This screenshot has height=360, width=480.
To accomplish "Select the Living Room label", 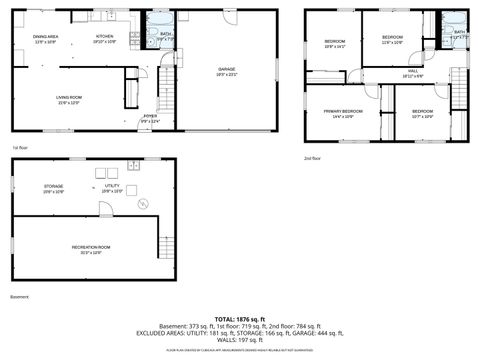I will tap(69, 99).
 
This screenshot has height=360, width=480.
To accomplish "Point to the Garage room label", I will tap(227, 71).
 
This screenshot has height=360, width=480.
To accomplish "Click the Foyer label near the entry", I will tap(150, 118).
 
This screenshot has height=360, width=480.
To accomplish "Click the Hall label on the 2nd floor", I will tap(413, 73).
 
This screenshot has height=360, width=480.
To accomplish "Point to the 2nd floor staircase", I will tap(459, 90).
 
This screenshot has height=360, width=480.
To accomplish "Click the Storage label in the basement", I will tap(53, 188).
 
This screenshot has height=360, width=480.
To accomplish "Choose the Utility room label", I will tap(112, 188).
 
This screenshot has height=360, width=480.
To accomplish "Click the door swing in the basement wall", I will tap(104, 209).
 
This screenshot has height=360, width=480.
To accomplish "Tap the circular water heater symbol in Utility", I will tap(143, 203).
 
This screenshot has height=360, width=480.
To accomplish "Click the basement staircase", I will tap(166, 245).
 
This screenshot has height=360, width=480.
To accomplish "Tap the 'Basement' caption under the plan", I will tap(20, 297).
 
